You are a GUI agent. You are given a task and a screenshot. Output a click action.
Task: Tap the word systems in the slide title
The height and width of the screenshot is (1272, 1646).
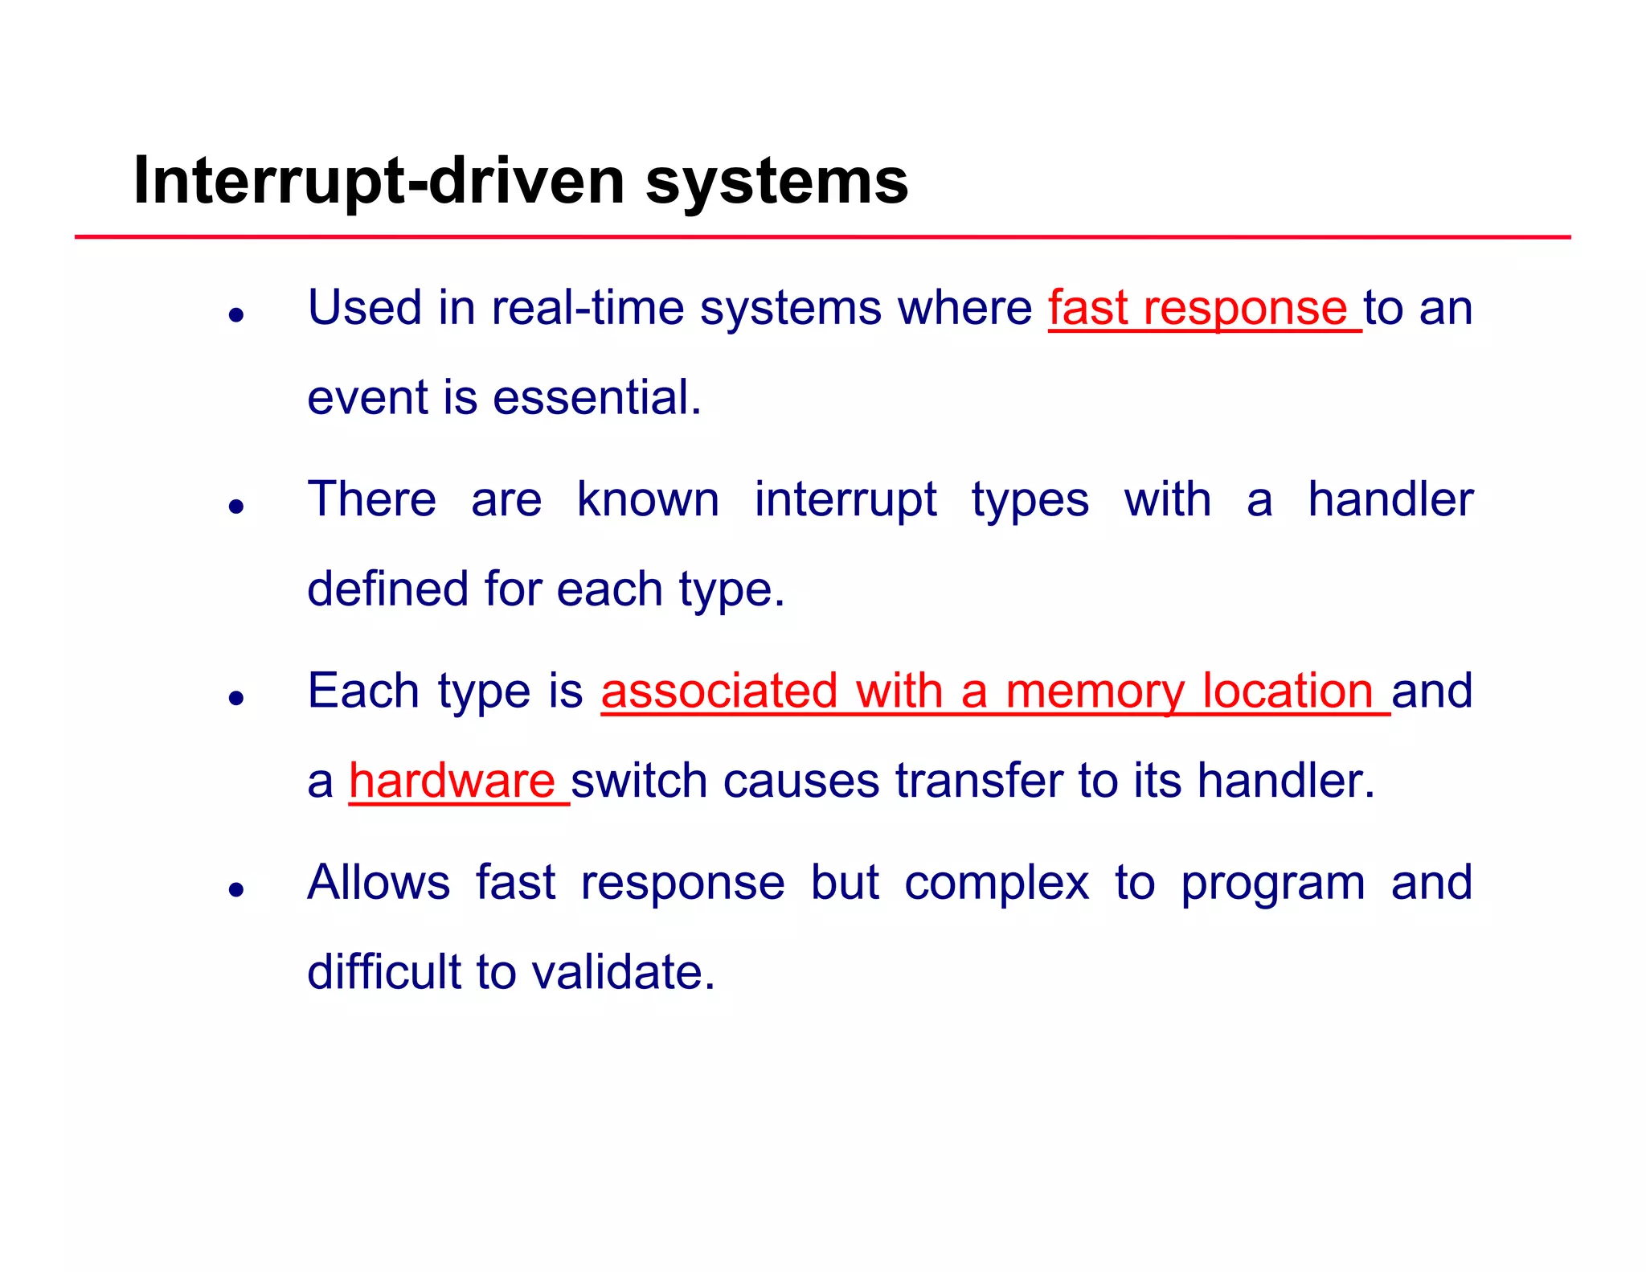tap(776, 182)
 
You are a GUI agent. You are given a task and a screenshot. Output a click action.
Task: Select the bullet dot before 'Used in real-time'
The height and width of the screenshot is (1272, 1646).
tap(235, 315)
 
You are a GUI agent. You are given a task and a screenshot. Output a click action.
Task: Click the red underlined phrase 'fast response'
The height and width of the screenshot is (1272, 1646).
tap(1198, 309)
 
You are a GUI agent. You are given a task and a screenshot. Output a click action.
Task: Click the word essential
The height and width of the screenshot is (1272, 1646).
tap(596, 398)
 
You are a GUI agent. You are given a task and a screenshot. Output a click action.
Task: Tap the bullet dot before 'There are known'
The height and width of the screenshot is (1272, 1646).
tap(235, 507)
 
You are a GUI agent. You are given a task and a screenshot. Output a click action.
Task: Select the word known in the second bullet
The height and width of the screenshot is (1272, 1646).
tap(648, 500)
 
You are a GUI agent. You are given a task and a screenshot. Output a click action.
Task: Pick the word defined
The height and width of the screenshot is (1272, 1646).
tap(387, 589)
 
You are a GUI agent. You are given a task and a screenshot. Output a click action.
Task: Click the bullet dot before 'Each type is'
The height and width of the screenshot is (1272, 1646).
tap(235, 698)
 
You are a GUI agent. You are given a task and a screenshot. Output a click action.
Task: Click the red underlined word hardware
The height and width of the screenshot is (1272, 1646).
tap(452, 782)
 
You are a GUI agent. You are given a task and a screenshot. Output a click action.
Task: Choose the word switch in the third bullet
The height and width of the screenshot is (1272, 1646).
tap(638, 782)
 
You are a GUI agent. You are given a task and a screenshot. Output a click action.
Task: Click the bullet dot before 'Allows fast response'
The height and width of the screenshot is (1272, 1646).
tap(235, 889)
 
